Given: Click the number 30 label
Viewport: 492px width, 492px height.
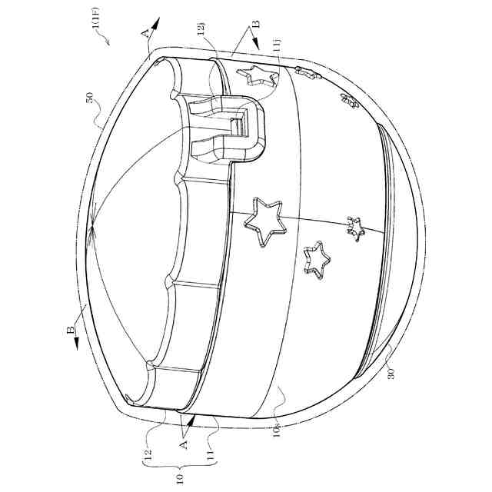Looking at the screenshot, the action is pos(391,374).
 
